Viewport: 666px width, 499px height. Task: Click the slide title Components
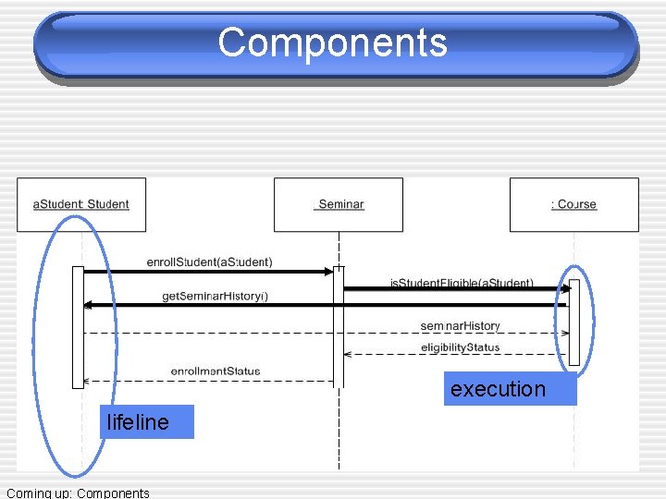(333, 43)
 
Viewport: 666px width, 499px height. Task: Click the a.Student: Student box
(81, 204)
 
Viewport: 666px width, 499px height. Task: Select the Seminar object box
(339, 204)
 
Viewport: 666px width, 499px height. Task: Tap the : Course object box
(574, 204)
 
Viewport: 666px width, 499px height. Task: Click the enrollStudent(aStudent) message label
(210, 262)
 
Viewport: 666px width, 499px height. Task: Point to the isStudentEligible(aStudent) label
(462, 282)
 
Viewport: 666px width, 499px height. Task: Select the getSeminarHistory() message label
(216, 296)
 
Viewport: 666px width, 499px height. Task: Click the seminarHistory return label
(460, 325)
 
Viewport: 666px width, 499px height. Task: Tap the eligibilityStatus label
(460, 347)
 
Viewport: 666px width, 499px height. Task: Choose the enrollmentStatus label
(216, 371)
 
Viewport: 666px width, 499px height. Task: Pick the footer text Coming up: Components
(78, 493)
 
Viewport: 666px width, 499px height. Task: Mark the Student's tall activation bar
(79, 327)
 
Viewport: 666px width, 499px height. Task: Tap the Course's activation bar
(574, 323)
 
